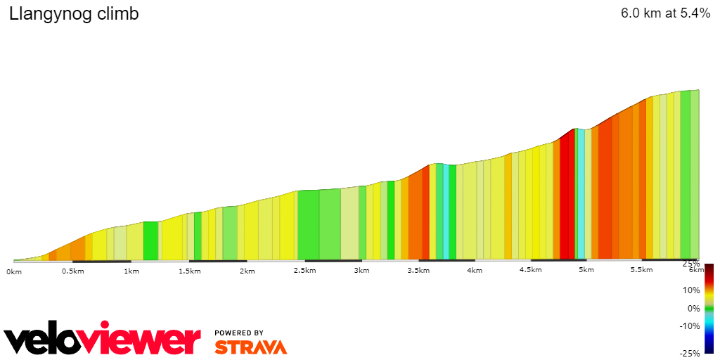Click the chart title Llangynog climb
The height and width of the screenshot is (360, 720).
tap(74, 14)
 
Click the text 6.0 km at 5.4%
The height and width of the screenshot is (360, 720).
tap(665, 14)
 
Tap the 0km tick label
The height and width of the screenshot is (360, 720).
tap(14, 271)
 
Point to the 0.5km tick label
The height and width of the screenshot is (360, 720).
tap(73, 271)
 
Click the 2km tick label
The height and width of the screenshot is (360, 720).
tap(246, 271)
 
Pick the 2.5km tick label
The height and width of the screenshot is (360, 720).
tap(304, 271)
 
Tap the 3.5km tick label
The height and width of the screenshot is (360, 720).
tap(418, 271)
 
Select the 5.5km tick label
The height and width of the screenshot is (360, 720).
tap(642, 270)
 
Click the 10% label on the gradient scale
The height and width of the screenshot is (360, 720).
tap(693, 290)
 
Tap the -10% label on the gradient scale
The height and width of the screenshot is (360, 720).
tap(691, 326)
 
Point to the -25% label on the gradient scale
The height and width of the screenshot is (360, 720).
tap(690, 353)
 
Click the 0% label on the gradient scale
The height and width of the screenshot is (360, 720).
tap(694, 308)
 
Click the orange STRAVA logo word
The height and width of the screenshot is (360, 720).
tap(250, 347)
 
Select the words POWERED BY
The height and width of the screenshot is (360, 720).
tap(239, 333)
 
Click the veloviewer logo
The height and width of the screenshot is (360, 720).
tap(103, 340)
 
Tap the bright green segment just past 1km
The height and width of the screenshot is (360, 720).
tap(150, 240)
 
